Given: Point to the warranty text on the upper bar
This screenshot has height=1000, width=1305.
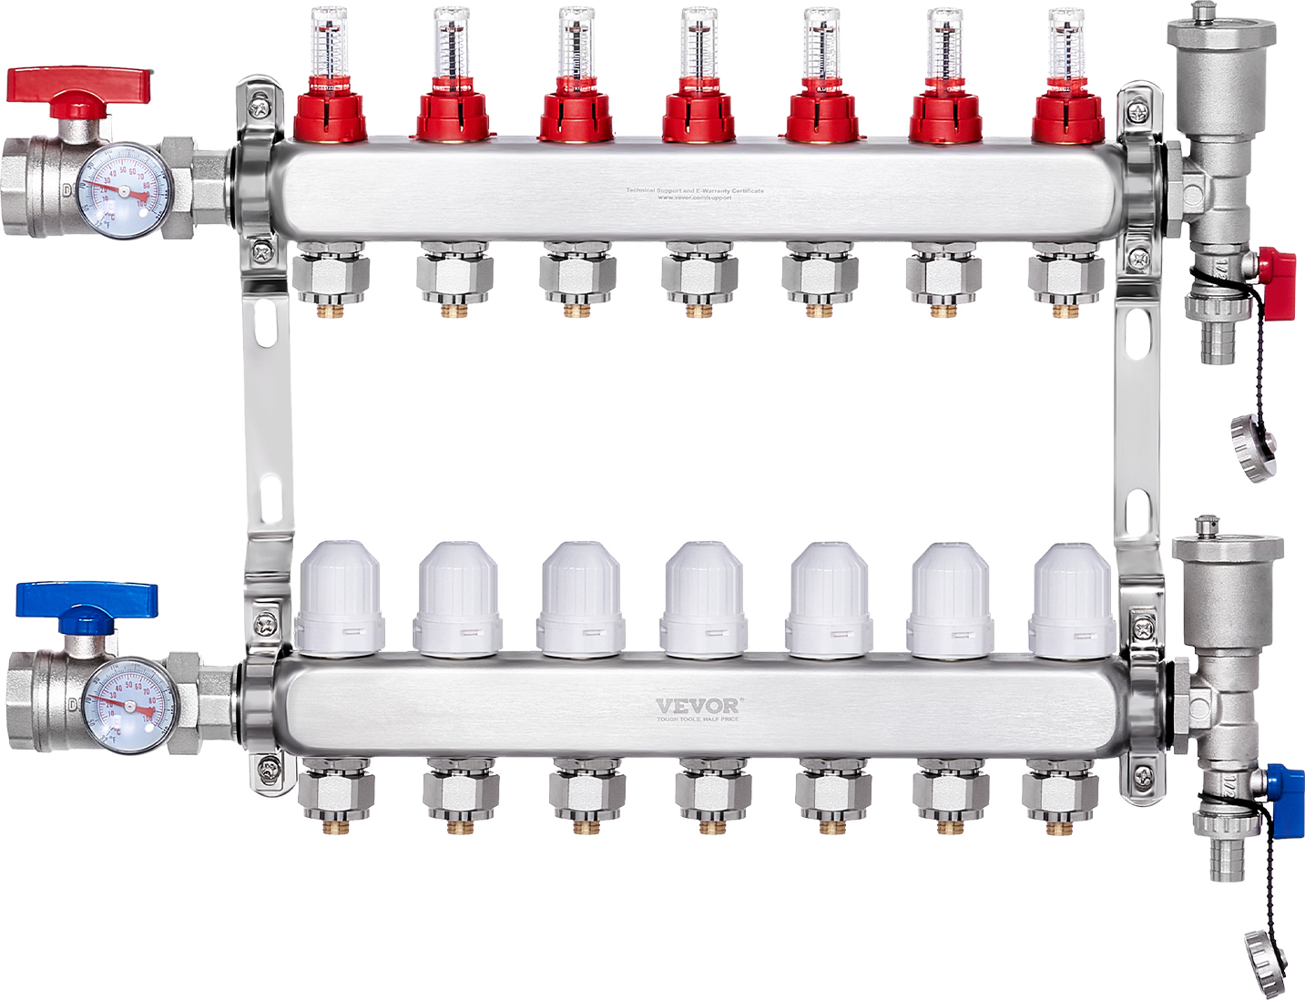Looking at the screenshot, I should coord(695,193).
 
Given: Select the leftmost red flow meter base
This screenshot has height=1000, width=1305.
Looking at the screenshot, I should coord(330,114).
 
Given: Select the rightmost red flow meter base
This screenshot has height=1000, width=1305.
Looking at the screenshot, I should coord(1067,114).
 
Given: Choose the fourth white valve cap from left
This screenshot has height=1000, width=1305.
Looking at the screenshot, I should coord(704,597).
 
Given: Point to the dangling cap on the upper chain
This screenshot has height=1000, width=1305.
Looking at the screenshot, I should coord(1254,446).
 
